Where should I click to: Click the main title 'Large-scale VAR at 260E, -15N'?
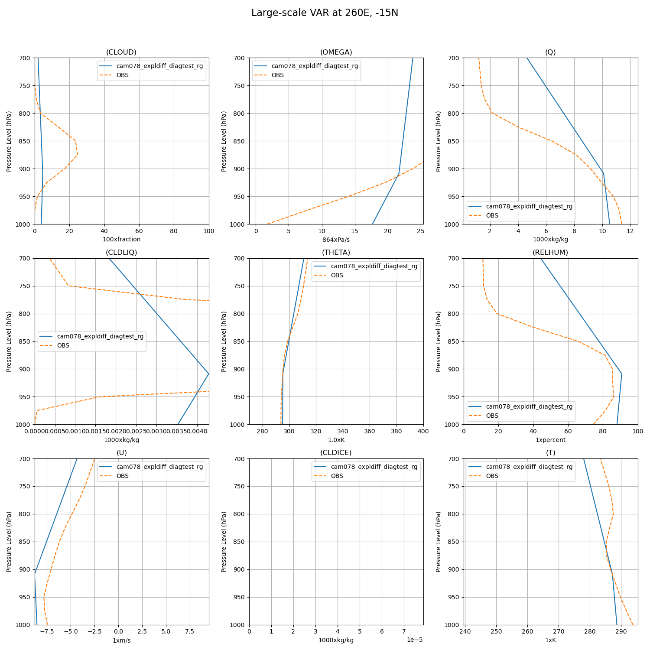325,13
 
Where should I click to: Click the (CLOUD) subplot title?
121,52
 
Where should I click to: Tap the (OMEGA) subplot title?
336,52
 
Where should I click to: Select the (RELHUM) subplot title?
550,252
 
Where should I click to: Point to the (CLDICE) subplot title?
336,452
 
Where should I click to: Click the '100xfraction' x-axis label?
121,239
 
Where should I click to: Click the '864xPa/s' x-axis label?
336,239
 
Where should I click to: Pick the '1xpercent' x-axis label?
550,440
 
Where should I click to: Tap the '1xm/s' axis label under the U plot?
121,640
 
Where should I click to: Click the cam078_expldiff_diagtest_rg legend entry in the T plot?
529,467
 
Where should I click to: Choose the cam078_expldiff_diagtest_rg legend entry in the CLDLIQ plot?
100,336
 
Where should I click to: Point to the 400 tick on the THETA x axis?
423,431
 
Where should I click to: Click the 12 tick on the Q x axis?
630,231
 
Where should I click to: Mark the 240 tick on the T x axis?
465,631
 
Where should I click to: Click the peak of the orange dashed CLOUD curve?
77,155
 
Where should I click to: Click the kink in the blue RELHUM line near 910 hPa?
622,374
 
